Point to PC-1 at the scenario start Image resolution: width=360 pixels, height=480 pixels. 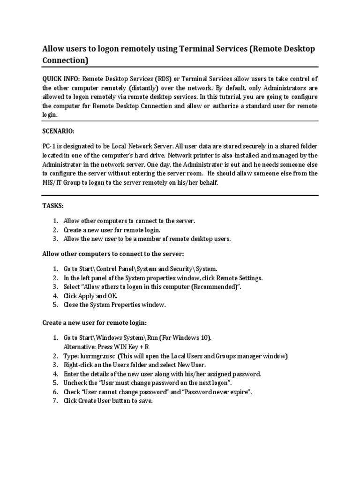pos(50,146)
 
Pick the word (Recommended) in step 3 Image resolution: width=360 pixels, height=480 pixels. pos(213,287)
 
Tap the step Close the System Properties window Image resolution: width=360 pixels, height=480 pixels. pos(115,305)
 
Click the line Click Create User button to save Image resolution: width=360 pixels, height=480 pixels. pos(108,401)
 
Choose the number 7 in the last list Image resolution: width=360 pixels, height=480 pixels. pos(54,401)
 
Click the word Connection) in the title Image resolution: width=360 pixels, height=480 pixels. pos(65,60)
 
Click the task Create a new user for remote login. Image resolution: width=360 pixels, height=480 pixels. pos(112,230)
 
